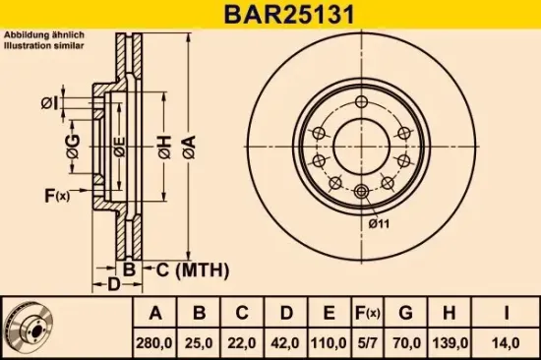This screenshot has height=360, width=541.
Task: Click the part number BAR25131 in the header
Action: coord(270,15)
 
